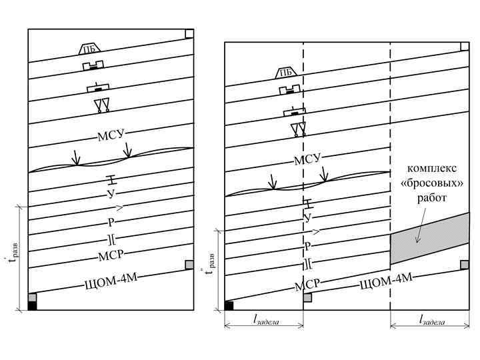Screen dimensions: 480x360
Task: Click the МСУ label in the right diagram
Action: [x=307, y=159]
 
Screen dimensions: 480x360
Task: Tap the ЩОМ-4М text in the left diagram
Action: [x=111, y=283]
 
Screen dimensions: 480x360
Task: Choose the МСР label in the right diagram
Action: [x=307, y=285]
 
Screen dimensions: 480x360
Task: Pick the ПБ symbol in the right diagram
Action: [x=285, y=73]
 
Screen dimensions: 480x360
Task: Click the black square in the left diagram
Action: [x=32, y=306]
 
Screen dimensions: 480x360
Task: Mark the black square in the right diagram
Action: [x=229, y=306]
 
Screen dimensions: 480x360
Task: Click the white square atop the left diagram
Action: [x=189, y=34]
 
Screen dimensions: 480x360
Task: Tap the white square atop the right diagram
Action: [x=465, y=46]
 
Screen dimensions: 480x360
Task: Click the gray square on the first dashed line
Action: [x=307, y=297]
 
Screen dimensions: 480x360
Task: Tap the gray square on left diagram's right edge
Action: [x=189, y=265]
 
